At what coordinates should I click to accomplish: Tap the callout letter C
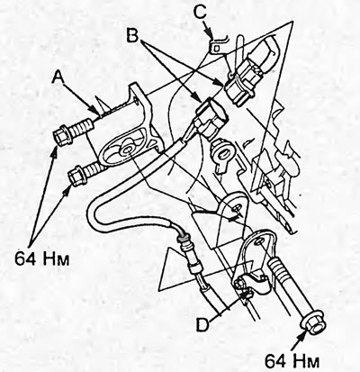[x=200, y=11]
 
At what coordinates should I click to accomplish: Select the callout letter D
[x=202, y=324]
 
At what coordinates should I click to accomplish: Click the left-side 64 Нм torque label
[x=42, y=259]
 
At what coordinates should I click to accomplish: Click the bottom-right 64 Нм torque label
[x=292, y=360]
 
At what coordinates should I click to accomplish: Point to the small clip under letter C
[x=217, y=46]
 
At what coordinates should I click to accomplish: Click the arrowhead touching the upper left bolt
[x=55, y=150]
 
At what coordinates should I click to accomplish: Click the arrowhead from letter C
[x=211, y=33]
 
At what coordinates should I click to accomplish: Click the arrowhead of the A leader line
[x=95, y=111]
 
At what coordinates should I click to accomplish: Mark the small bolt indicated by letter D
[x=240, y=283]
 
